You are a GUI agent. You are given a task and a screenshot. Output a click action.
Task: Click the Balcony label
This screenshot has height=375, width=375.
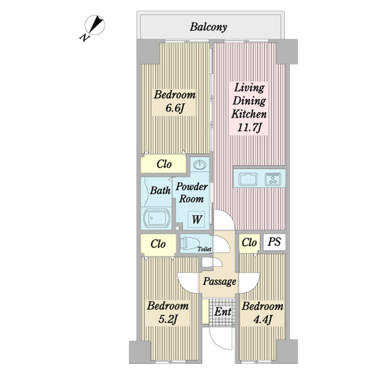pos(208,27)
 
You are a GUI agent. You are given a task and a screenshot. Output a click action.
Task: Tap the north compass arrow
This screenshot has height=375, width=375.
pos(95,24)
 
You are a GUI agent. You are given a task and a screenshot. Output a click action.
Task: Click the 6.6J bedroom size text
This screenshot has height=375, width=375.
pos(174,108)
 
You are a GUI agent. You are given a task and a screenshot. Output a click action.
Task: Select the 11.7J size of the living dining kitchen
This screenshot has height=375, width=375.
pos(249,127)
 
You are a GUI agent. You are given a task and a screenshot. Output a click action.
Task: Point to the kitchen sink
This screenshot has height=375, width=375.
pos(248,179)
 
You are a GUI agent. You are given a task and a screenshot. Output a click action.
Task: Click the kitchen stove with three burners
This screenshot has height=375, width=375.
pos(273,179)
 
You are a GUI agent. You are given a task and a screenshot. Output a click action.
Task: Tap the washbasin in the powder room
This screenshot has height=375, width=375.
pos(200,164)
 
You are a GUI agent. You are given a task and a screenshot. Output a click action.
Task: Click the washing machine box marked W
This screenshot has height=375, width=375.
pos(196,219)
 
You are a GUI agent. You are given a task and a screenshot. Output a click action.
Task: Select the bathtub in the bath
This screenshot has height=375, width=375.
pos(157,218)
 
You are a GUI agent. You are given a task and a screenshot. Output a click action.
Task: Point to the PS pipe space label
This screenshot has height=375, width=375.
pos(274,242)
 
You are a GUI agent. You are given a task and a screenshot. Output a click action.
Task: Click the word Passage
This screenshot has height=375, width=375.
pos(219,281)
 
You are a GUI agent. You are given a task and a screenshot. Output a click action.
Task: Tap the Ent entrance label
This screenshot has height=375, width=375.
pos(222,312)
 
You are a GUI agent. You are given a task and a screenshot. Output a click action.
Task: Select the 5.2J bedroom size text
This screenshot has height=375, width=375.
pos(167,319)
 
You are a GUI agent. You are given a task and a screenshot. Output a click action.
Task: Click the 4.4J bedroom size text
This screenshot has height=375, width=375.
pos(262,319)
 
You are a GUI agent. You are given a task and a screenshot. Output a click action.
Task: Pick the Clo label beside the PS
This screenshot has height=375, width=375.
pos(249,242)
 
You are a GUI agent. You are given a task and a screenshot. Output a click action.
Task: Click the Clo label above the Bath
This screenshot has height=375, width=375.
pos(164,164)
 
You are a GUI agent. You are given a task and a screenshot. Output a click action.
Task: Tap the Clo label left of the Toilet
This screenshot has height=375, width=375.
pos(158,244)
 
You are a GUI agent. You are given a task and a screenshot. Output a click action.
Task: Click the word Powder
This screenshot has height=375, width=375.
pos(192,187)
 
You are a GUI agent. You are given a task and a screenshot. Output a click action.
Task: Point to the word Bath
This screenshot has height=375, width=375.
pos(160,191)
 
